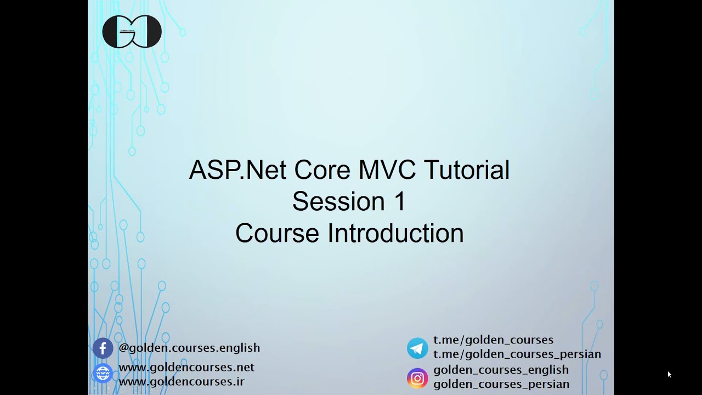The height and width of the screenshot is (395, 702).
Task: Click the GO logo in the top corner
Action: tap(132, 32)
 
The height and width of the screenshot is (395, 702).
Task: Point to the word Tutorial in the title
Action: tap(467, 170)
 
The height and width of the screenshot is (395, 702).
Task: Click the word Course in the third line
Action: tap(277, 234)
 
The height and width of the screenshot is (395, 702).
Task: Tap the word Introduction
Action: tap(395, 234)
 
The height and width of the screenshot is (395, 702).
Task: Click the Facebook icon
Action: tap(103, 348)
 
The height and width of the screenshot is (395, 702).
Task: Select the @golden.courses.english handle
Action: tap(189, 348)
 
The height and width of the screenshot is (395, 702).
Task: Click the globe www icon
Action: tap(103, 374)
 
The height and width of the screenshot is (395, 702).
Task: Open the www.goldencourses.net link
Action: tap(186, 367)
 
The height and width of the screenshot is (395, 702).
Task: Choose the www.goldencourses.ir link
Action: tap(182, 381)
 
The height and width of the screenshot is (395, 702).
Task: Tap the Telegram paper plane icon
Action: tap(417, 348)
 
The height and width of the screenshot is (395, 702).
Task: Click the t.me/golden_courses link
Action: tap(493, 340)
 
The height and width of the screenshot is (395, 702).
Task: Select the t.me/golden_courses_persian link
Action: tap(517, 354)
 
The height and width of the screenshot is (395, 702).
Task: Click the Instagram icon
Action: tap(417, 378)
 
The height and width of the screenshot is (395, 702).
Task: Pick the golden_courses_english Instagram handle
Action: tap(501, 370)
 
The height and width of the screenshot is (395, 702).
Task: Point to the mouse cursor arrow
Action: tap(669, 374)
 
